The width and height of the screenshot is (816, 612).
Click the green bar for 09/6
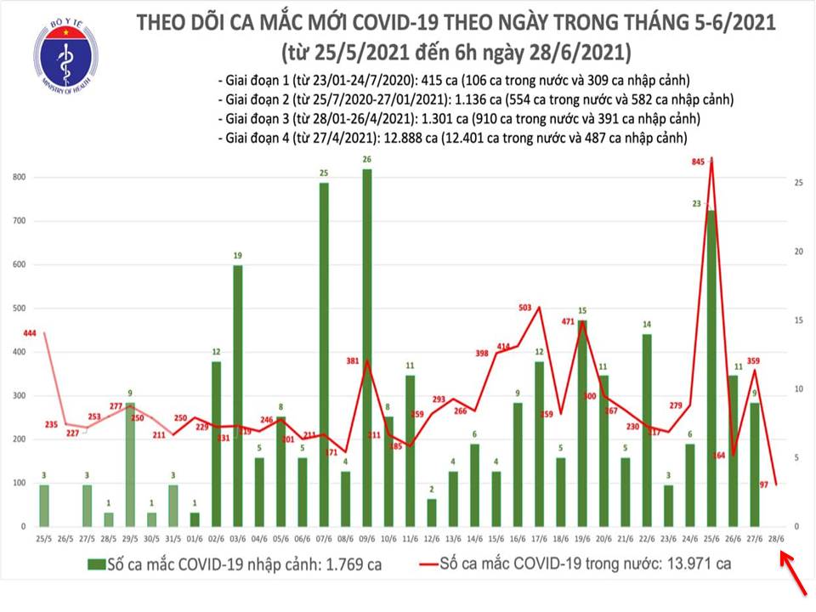click(x=367, y=348)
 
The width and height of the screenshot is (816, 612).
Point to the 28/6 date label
click(x=777, y=539)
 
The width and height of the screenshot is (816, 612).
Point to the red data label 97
click(x=767, y=484)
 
